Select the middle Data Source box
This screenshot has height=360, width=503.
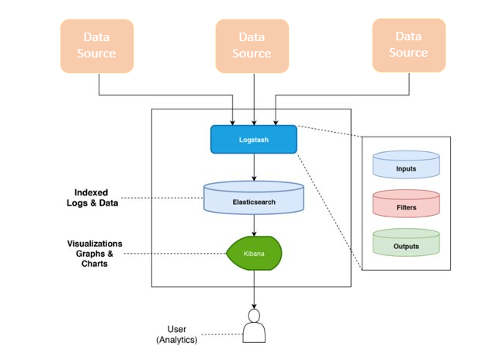[251, 46]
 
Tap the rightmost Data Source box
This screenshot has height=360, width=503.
[408, 45]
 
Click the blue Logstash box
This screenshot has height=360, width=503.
[254, 139]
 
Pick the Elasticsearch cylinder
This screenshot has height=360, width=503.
[254, 198]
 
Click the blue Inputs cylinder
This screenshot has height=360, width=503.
[406, 165]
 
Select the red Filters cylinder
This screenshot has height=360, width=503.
[406, 205]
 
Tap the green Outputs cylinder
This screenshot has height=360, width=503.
[406, 244]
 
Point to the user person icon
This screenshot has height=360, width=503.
[254, 327]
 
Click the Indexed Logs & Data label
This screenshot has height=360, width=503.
[92, 198]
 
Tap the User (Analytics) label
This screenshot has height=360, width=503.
[183, 334]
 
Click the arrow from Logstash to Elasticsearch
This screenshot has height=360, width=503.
[254, 167]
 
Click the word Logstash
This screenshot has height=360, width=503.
[254, 140]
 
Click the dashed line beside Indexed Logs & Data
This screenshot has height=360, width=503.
[163, 198]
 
